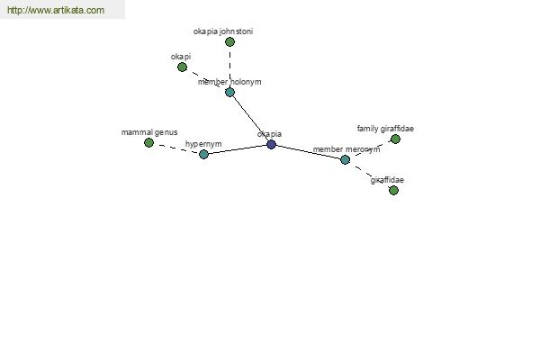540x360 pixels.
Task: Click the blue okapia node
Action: click(272, 144)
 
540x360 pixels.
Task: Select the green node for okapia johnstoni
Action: click(229, 42)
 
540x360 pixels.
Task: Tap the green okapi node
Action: click(182, 67)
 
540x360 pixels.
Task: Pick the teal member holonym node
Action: click(229, 92)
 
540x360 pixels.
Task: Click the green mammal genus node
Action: click(148, 142)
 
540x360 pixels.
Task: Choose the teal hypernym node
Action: click(204, 154)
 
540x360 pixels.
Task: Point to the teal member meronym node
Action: click(345, 159)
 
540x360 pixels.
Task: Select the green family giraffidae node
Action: click(395, 139)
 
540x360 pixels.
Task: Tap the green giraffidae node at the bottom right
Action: click(393, 190)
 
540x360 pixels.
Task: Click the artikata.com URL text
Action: click(56, 10)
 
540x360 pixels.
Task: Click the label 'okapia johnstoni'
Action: click(223, 31)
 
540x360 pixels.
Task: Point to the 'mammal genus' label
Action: click(149, 132)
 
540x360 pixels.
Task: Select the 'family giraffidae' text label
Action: click(385, 129)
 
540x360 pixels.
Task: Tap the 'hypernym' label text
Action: click(203, 144)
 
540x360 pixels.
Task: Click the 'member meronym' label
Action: click(346, 149)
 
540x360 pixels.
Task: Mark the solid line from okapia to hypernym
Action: click(238, 149)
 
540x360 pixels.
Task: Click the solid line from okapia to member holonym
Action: click(250, 118)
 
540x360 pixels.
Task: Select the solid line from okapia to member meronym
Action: click(308, 152)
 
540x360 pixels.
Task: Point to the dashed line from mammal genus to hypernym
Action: click(176, 148)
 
